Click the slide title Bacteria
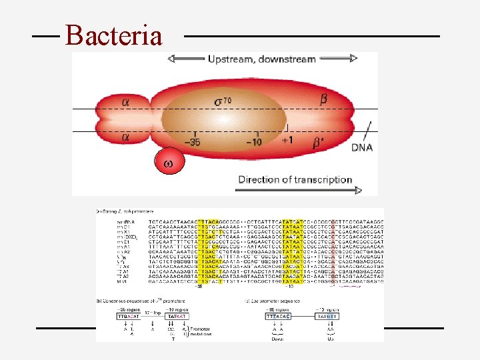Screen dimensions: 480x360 point(113,35)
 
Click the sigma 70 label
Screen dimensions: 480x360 point(224,102)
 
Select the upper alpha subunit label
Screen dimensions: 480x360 point(126,101)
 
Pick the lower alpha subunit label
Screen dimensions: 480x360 point(126,137)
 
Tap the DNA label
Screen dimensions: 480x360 point(362,147)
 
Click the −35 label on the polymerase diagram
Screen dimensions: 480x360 point(194,141)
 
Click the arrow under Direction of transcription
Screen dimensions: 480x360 point(300,190)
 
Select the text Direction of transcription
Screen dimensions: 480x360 point(295,179)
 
